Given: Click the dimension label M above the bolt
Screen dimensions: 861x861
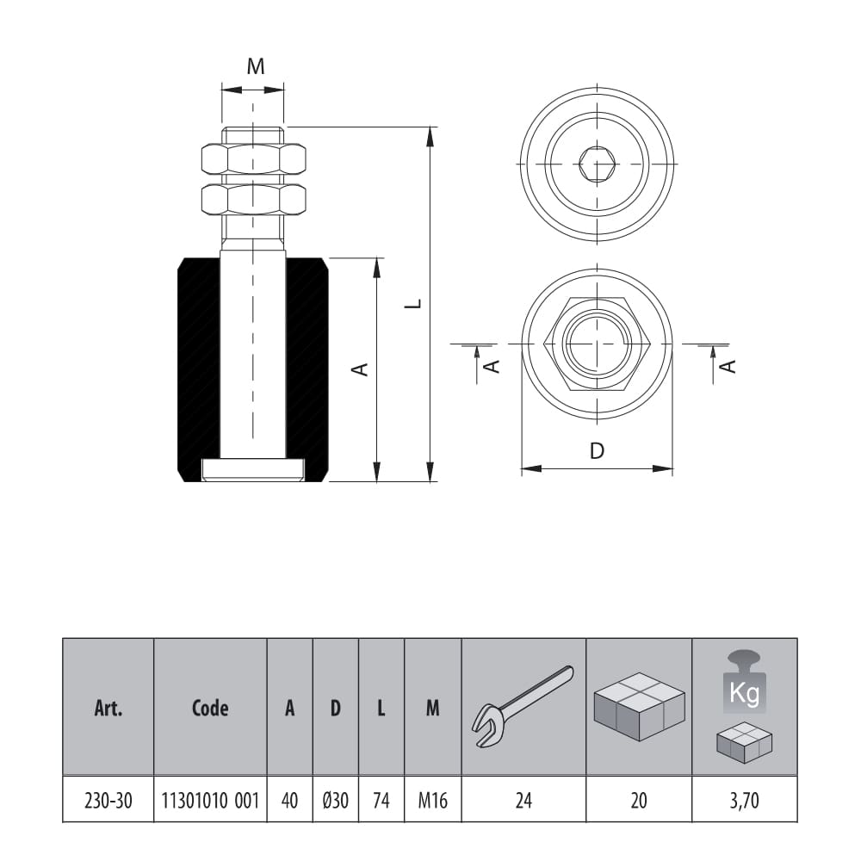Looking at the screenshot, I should (x=256, y=67).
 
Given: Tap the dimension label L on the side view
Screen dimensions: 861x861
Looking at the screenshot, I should (x=414, y=303).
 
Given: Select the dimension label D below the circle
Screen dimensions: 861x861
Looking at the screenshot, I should (x=597, y=450).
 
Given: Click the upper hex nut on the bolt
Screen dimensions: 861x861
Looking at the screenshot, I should (x=253, y=158).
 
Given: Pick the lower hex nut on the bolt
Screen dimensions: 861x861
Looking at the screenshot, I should (x=253, y=200).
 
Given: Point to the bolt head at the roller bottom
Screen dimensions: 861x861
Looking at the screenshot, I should (x=253, y=469).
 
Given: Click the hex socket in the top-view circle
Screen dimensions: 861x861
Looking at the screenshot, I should (x=596, y=164).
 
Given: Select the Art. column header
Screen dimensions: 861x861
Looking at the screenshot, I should (x=108, y=709).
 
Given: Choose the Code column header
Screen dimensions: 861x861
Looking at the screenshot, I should (x=210, y=709).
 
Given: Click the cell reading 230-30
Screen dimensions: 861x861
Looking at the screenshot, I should (x=108, y=801).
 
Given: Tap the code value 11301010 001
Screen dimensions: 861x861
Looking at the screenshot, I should (x=210, y=801).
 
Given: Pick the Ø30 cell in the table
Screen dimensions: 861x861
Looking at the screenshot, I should (x=335, y=801).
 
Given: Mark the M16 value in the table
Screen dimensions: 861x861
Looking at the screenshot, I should (x=432, y=801).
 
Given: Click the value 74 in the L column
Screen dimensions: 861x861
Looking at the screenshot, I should (x=381, y=801).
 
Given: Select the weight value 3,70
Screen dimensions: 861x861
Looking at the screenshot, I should (x=744, y=801).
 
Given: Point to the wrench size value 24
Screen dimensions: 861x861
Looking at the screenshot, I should (x=523, y=801).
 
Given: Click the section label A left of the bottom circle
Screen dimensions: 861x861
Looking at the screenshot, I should (x=492, y=366).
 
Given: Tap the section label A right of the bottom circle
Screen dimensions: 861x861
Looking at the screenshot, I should (x=728, y=366).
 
